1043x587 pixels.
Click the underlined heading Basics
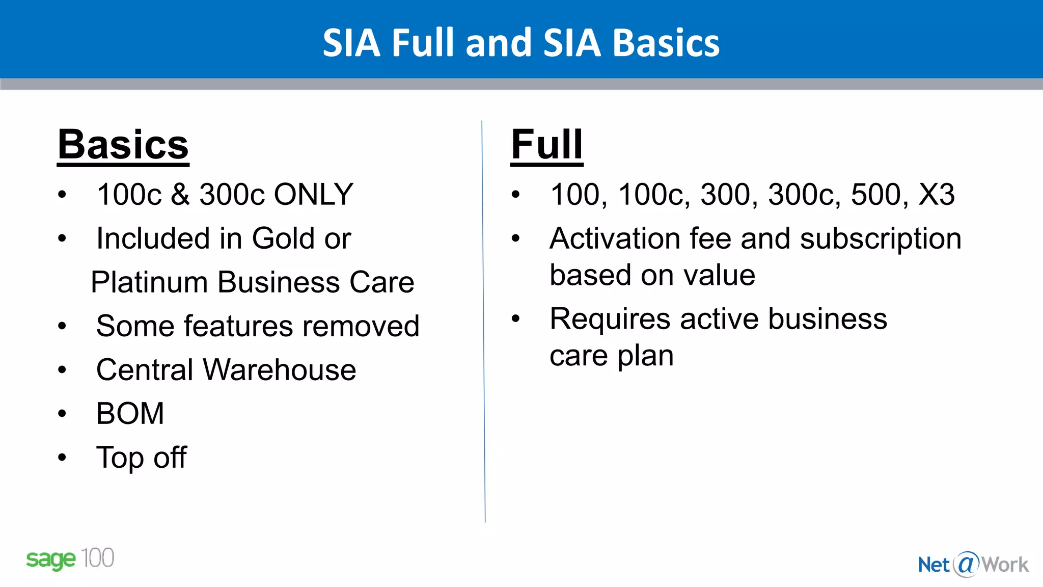tap(123, 145)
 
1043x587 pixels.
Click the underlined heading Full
tap(546, 145)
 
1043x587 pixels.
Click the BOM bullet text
tap(130, 413)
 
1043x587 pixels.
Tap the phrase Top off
tap(141, 457)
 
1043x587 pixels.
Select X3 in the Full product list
tap(936, 194)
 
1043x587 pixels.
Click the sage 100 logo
tap(70, 559)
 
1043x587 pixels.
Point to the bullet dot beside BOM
tap(62, 413)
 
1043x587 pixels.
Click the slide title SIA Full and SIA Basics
tap(521, 43)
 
